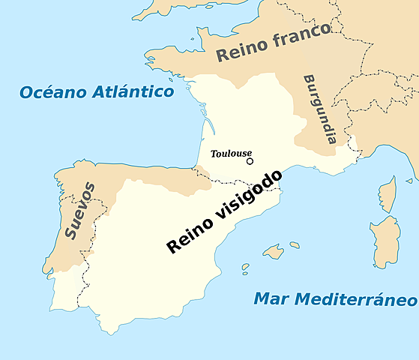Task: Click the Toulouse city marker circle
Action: click(250, 160)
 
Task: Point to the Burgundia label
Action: click(319, 109)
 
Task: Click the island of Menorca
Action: click(295, 244)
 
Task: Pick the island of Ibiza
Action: click(244, 267)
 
